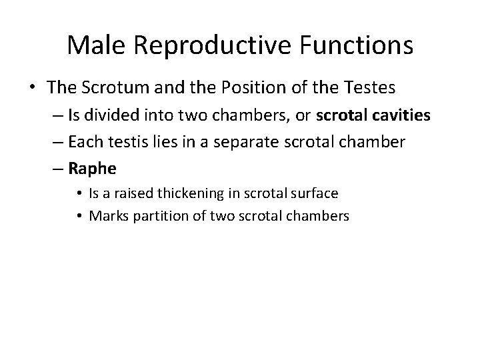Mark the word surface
pos(314,193)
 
